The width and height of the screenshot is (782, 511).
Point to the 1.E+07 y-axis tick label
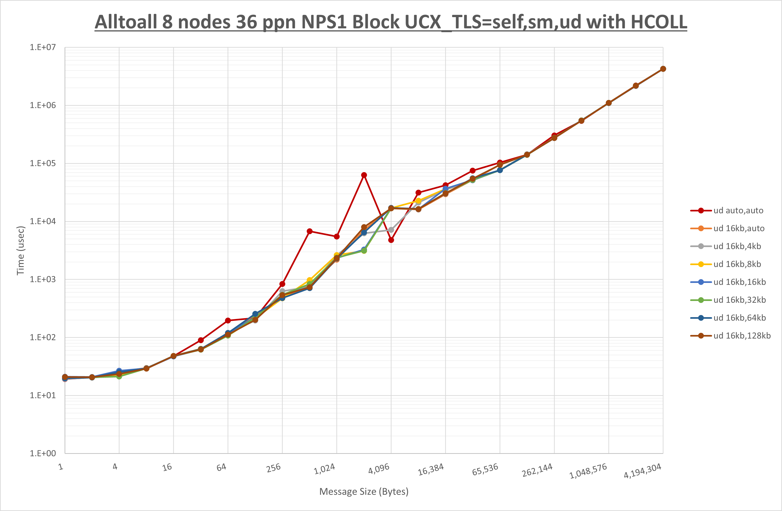pos(43,47)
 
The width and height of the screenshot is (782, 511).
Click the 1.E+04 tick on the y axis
pos(43,221)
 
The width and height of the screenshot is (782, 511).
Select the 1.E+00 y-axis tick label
pos(43,454)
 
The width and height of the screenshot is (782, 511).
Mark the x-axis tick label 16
pos(167,467)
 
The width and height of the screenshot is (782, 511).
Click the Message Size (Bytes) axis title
pos(364,492)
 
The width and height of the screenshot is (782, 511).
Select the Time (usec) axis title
pos(20,250)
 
